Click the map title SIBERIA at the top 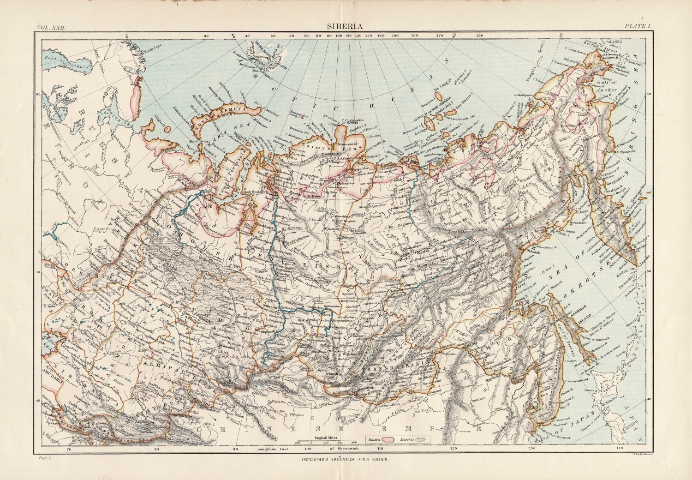(346, 27)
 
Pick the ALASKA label (616, 42)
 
